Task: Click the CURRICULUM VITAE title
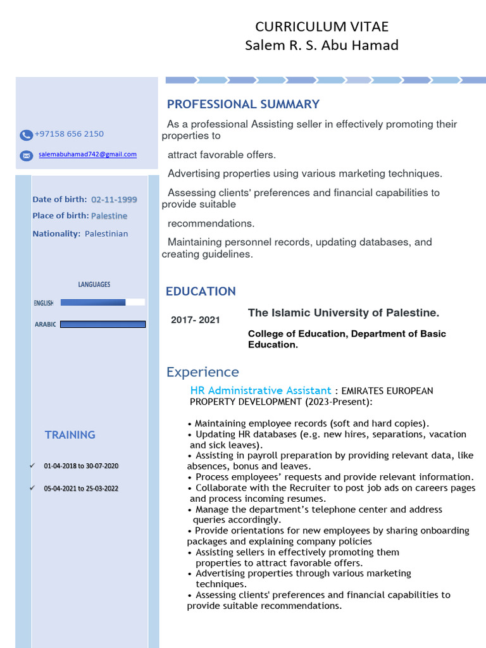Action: [x=321, y=27]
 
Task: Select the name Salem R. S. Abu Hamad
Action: [x=321, y=46]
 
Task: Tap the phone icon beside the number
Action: [x=26, y=135]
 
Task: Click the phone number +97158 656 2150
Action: [x=69, y=134]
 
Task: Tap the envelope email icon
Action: [x=26, y=155]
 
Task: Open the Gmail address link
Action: [x=87, y=154]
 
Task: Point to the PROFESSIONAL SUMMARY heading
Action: [x=243, y=104]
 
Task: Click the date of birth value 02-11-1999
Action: [x=114, y=199]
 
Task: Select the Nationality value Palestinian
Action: [x=106, y=234]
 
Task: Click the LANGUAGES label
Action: [x=94, y=285]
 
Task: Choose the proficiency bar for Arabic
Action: [x=103, y=324]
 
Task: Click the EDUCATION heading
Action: [x=201, y=292]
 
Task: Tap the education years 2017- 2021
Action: [x=196, y=320]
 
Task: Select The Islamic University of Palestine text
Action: [x=343, y=313]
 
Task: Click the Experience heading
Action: [x=202, y=372]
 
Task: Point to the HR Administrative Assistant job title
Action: [x=261, y=390]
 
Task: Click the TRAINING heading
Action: [x=70, y=435]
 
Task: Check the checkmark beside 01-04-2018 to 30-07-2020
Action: [x=32, y=466]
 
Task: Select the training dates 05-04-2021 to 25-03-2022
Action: [x=81, y=489]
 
